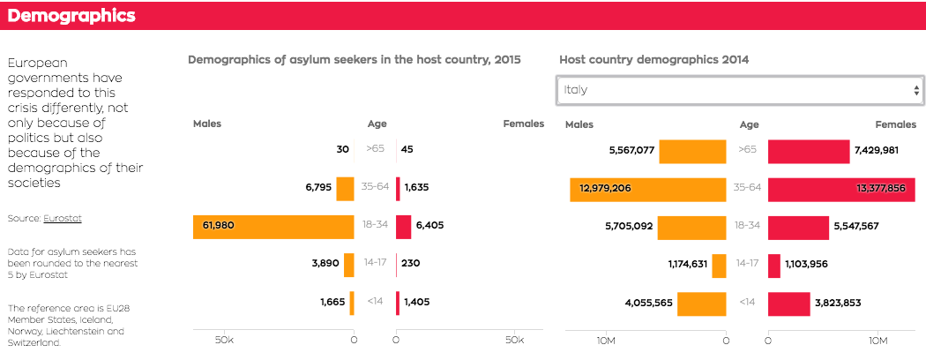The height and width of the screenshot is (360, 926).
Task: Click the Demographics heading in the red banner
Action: (71, 16)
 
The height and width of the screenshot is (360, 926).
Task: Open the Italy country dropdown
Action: (739, 90)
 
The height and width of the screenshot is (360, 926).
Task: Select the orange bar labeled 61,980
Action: (273, 226)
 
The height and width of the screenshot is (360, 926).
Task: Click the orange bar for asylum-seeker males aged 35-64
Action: (345, 188)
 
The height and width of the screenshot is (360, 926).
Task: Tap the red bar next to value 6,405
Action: (403, 226)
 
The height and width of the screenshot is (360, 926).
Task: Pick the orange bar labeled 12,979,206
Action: (647, 188)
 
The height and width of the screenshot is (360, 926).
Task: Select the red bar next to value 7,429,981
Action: (808, 151)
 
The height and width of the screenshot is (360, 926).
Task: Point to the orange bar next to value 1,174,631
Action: (719, 264)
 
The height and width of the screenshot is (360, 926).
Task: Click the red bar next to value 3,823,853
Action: (788, 303)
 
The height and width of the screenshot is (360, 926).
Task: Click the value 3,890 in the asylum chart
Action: (325, 264)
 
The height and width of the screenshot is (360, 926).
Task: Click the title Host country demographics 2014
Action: (653, 60)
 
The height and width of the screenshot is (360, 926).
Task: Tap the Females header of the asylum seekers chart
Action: (523, 124)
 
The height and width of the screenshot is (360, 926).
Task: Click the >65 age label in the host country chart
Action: (747, 150)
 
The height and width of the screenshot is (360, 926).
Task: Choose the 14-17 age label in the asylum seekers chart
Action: (376, 263)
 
